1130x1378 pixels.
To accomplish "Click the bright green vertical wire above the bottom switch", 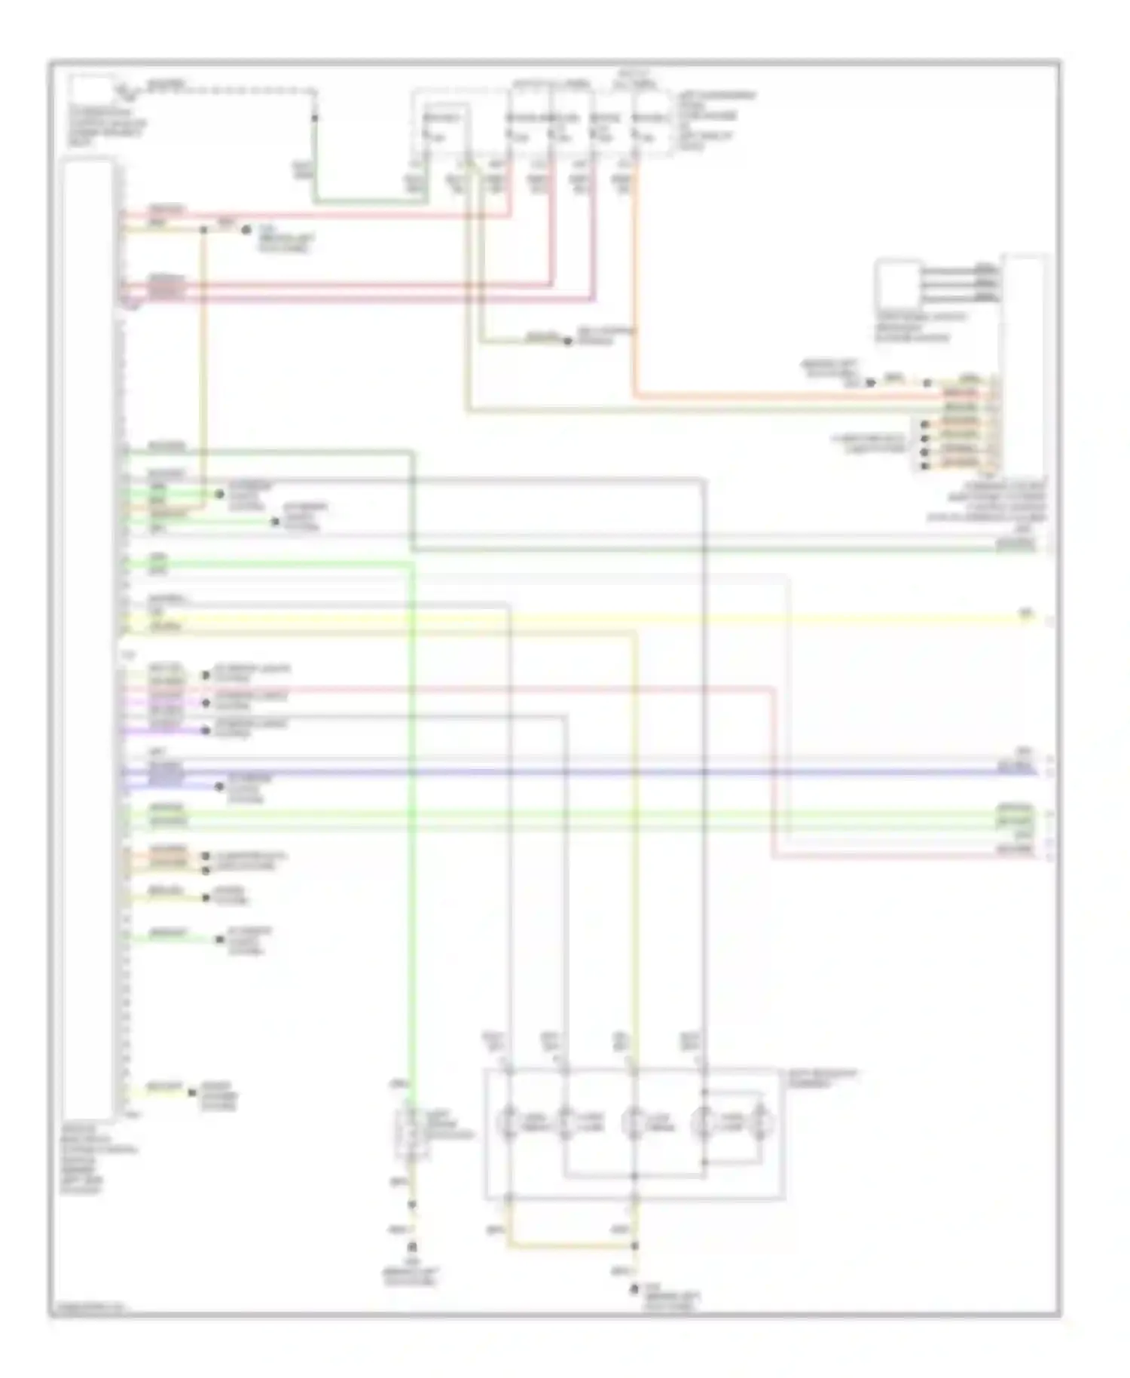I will coord(412,829).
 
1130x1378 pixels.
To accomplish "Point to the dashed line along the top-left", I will coord(226,91).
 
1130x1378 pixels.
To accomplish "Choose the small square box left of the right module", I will coord(897,284).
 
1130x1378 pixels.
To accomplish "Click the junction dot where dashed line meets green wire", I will coord(315,118).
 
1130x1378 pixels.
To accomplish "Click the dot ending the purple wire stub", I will coord(206,730).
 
